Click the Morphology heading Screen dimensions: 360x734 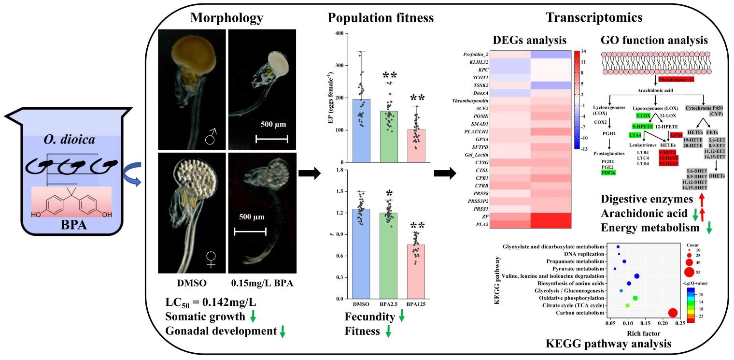(x=227, y=18)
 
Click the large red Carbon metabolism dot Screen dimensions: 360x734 (x=672, y=313)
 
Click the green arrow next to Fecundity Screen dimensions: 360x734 (x=401, y=318)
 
